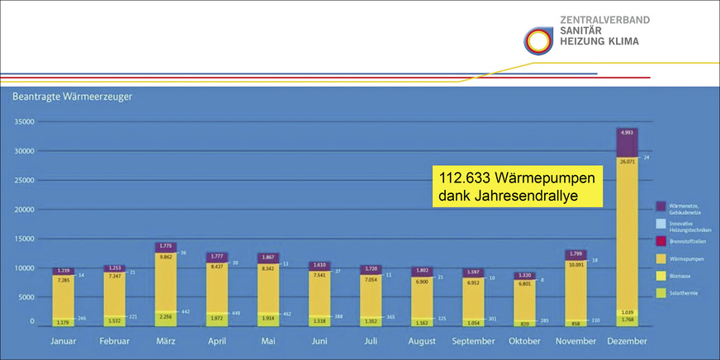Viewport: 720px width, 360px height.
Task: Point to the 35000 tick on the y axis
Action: click(23, 121)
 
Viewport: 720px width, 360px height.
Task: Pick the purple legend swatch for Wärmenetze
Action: click(661, 206)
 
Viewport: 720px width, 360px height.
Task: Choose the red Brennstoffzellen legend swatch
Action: click(661, 240)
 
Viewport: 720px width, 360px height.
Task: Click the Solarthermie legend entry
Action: click(686, 291)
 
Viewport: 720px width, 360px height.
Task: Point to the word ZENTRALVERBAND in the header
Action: click(604, 19)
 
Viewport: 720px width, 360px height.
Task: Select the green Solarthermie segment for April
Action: click(218, 319)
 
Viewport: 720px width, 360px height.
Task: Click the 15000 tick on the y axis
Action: click(23, 239)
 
